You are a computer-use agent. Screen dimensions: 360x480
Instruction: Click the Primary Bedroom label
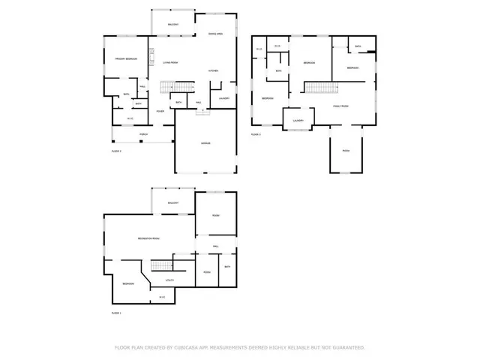pos(124,59)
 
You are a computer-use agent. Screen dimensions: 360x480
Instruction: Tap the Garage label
pos(205,143)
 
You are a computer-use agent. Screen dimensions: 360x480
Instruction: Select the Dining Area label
pos(215,34)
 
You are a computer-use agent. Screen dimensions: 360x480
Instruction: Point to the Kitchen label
pos(213,71)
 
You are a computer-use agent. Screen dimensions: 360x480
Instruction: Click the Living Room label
pos(170,63)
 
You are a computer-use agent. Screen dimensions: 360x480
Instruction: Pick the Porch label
pos(142,134)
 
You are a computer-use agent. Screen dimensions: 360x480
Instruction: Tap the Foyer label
pos(160,112)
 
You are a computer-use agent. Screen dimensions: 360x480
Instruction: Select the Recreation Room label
pos(148,238)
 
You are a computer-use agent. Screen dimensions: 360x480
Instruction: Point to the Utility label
pos(169,280)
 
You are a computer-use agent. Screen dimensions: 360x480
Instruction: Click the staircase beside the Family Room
pos(320,88)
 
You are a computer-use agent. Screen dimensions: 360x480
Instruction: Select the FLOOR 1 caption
pos(116,313)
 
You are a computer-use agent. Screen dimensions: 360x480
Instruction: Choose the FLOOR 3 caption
pos(256,134)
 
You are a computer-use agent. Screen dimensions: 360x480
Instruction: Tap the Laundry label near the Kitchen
pos(223,98)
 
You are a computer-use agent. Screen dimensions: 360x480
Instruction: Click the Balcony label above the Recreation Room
pos(172,203)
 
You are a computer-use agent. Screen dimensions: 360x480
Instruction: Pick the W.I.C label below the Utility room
pos(161,298)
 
